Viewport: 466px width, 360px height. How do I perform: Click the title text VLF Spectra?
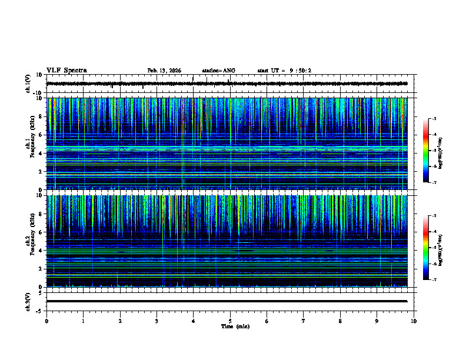(66, 71)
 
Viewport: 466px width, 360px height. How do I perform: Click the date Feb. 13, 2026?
(164, 71)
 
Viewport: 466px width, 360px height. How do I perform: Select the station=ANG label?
(218, 71)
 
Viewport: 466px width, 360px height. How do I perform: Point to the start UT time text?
(284, 71)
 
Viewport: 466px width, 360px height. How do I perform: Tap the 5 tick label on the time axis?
(230, 321)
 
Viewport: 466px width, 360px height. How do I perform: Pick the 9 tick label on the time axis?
(377, 321)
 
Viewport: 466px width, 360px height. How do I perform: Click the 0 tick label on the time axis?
(46, 321)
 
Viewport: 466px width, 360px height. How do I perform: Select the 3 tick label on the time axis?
(157, 321)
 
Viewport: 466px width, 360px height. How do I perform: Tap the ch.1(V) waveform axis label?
(28, 84)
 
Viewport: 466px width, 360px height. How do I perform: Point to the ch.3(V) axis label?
(28, 301)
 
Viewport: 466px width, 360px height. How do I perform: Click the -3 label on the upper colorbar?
(433, 119)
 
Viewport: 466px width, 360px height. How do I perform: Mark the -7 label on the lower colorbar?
(433, 279)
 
